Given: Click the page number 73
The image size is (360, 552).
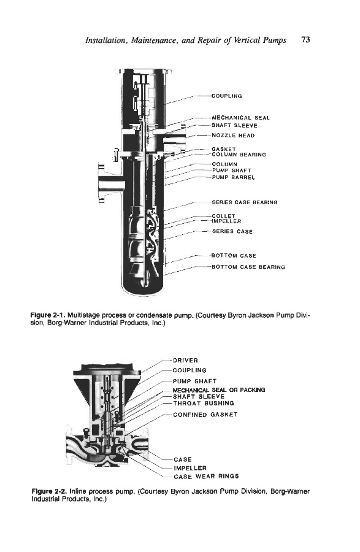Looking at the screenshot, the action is pyautogui.click(x=305, y=39).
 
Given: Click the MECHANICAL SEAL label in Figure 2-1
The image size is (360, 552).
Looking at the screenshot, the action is pyautogui.click(x=240, y=118).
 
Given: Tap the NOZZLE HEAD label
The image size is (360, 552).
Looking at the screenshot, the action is pyautogui.click(x=233, y=136).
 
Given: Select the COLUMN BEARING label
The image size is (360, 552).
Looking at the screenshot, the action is pyautogui.click(x=239, y=155).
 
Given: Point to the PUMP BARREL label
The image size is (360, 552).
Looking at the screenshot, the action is pyautogui.click(x=233, y=177).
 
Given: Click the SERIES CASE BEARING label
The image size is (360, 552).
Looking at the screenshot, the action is pyautogui.click(x=245, y=202).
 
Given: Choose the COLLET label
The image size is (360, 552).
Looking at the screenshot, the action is pyautogui.click(x=223, y=216).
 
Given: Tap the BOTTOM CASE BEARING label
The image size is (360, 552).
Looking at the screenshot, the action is pyautogui.click(x=248, y=267).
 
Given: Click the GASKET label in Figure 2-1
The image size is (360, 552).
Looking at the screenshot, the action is pyautogui.click(x=224, y=149).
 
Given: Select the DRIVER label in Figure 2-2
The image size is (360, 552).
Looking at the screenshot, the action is pyautogui.click(x=185, y=361).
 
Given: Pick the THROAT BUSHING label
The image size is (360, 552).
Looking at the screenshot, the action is pyautogui.click(x=204, y=404).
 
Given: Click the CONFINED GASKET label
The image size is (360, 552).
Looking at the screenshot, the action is pyautogui.click(x=205, y=415).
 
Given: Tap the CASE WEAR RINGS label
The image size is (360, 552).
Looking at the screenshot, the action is pyautogui.click(x=206, y=477).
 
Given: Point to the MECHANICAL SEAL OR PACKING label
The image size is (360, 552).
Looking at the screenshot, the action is pyautogui.click(x=219, y=390).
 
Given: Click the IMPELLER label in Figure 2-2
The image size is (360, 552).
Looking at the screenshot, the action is pyautogui.click(x=190, y=468).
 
